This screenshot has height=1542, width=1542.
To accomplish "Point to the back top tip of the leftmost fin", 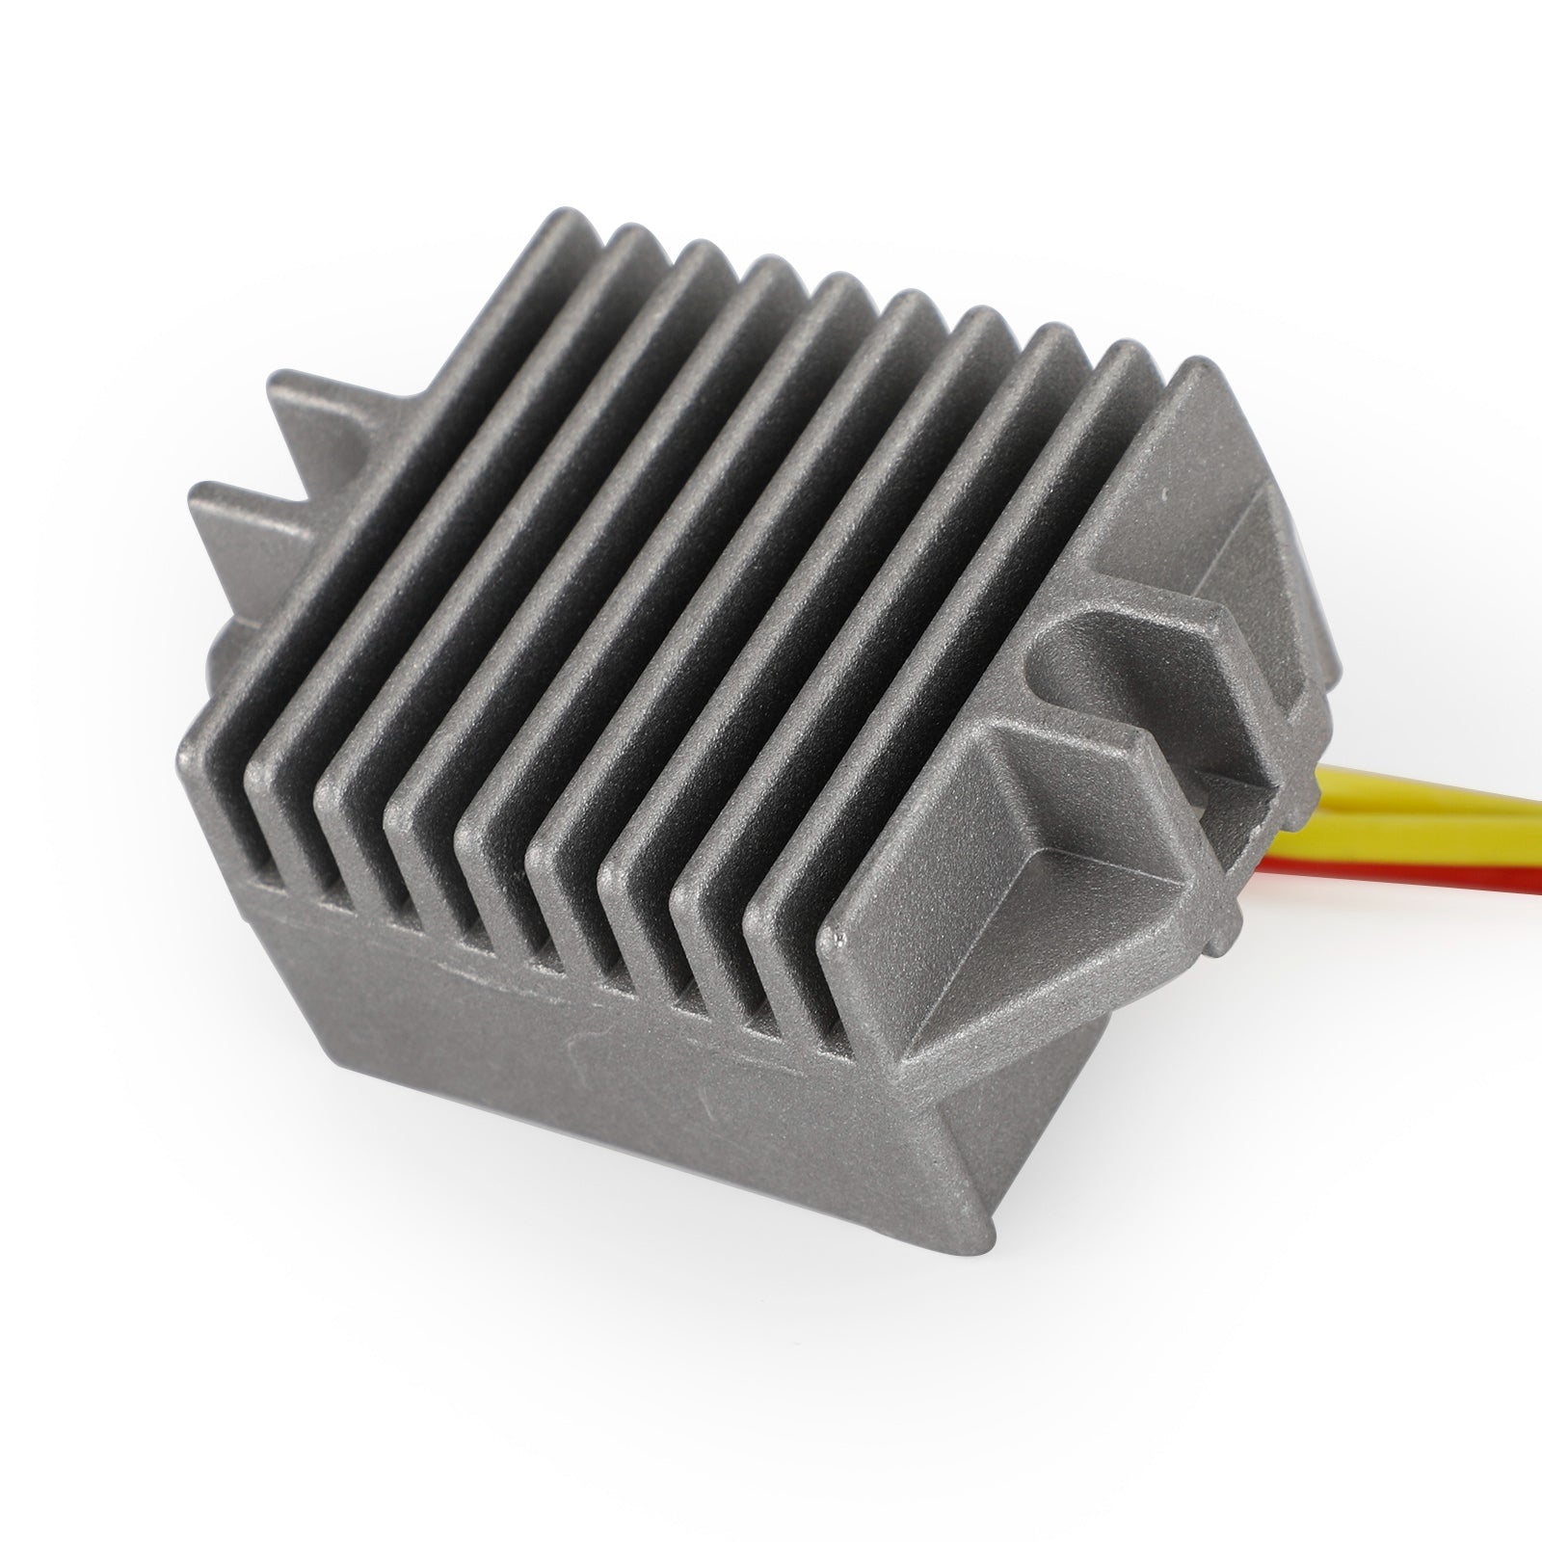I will click(x=573, y=228).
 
